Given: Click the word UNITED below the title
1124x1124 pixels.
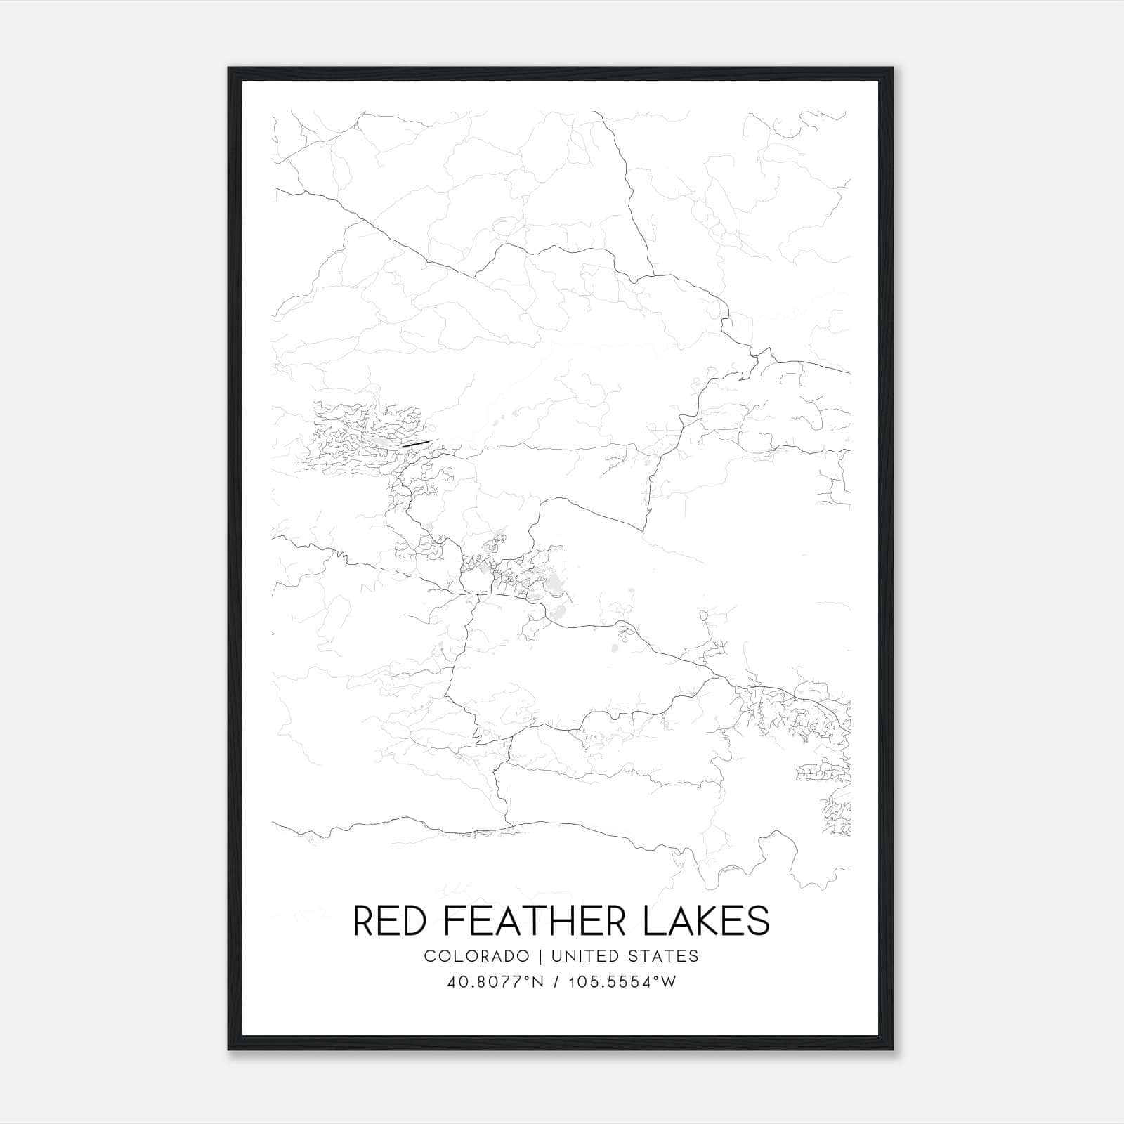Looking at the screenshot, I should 583,956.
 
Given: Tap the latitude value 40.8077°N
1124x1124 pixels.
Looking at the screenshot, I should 496,982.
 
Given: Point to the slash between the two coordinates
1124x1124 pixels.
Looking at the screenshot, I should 557,982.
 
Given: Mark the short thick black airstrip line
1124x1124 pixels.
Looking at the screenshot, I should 414,443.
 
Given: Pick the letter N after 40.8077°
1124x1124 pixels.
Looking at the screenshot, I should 537,982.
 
